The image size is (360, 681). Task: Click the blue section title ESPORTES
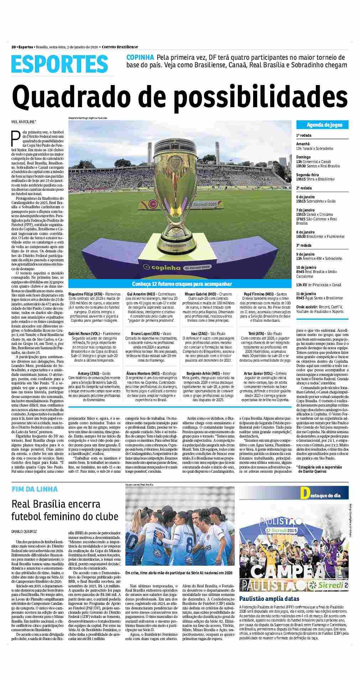click(59, 64)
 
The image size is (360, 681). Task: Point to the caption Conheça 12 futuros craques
click(182, 284)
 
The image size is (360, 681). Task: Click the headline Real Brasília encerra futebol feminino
click(56, 510)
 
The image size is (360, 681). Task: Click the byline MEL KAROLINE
click(24, 121)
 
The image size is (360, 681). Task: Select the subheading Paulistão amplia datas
click(269, 599)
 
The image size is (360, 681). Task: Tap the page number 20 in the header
click(13, 47)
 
